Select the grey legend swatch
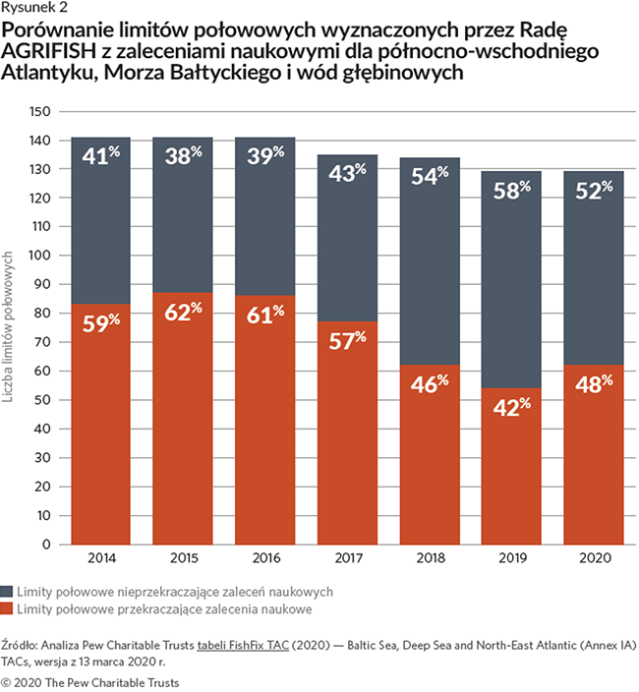point(8,592)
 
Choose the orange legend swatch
point(8,609)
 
